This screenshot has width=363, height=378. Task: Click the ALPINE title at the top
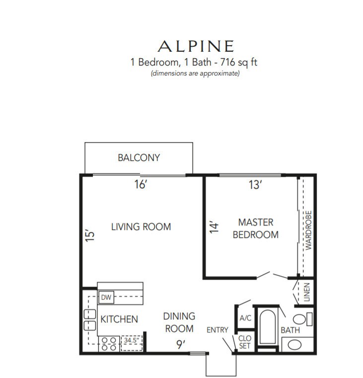click(196, 46)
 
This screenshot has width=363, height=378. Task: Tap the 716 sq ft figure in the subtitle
click(239, 62)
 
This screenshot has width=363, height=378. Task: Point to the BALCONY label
click(139, 157)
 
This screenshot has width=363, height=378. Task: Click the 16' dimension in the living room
click(141, 184)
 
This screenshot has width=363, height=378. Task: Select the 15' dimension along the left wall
click(90, 235)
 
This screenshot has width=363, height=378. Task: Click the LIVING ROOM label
click(141, 227)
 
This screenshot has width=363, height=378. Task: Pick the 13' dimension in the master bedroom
click(255, 185)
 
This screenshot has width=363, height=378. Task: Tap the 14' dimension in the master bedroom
click(214, 227)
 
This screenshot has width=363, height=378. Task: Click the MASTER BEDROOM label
click(256, 228)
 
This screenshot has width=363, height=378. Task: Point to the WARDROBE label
click(308, 230)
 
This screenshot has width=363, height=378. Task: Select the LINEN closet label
click(306, 292)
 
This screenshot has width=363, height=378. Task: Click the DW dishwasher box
click(106, 297)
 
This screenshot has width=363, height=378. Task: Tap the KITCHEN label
click(119, 319)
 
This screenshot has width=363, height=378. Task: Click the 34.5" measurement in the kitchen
click(132, 340)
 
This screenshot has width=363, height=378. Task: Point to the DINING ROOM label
click(179, 322)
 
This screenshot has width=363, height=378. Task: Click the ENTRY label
click(218, 330)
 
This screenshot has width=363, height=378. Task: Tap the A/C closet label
click(245, 318)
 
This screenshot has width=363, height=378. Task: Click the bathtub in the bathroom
click(267, 327)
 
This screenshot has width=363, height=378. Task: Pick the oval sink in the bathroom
click(294, 345)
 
